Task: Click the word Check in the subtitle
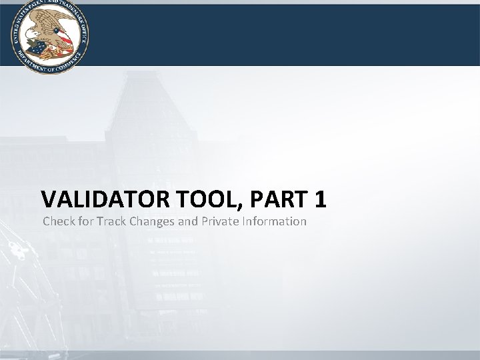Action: click(59, 221)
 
